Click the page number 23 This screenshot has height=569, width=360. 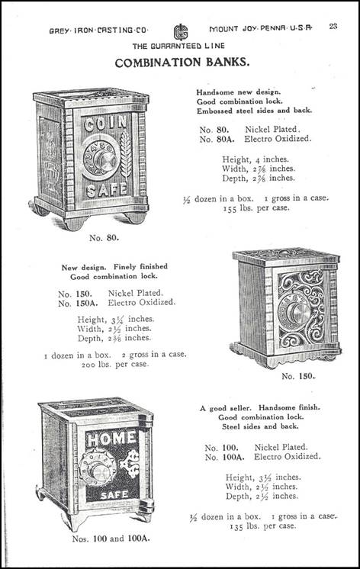point(333,26)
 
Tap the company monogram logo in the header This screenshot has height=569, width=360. point(180,32)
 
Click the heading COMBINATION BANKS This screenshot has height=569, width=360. point(182,63)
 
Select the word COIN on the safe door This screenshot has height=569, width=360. point(105,124)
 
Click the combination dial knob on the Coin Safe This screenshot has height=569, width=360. point(105,159)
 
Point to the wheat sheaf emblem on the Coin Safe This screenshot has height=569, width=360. point(126,154)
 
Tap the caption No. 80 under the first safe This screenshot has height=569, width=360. point(104,238)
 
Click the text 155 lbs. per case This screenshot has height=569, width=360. point(256,208)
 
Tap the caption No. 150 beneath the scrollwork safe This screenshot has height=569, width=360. point(298,376)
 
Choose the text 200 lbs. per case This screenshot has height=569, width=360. point(115,365)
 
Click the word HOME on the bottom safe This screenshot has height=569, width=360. point(111,439)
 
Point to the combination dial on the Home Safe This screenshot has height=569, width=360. point(98,467)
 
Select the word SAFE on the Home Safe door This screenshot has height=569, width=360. point(114,494)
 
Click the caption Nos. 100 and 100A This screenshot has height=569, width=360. point(111,539)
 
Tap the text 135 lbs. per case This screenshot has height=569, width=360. point(262,526)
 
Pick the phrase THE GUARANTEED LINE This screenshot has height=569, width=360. point(178,46)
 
